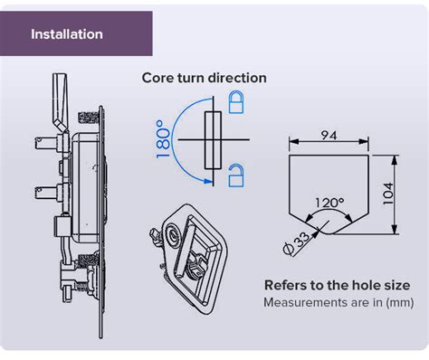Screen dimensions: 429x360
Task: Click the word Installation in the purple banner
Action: [x=67, y=34]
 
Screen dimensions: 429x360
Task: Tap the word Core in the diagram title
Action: [x=157, y=78]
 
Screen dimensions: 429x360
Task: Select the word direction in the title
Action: [x=238, y=78]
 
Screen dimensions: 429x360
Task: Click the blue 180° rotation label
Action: [x=163, y=138]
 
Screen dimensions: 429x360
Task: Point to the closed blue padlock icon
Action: [x=236, y=102]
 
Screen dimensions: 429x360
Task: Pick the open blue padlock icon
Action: [x=236, y=175]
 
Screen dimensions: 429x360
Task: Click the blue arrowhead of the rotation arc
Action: [x=207, y=181]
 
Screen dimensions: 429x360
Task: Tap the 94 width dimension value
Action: [x=329, y=136]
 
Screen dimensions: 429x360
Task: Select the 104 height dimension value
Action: [x=388, y=194]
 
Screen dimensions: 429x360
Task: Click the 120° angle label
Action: [x=329, y=203]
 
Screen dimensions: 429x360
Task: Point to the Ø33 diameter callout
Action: [x=296, y=244]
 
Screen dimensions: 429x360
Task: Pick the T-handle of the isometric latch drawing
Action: [x=185, y=247]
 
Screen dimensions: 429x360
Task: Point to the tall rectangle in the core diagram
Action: [x=213, y=140]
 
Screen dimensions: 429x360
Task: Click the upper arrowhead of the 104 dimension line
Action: [x=394, y=160]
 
